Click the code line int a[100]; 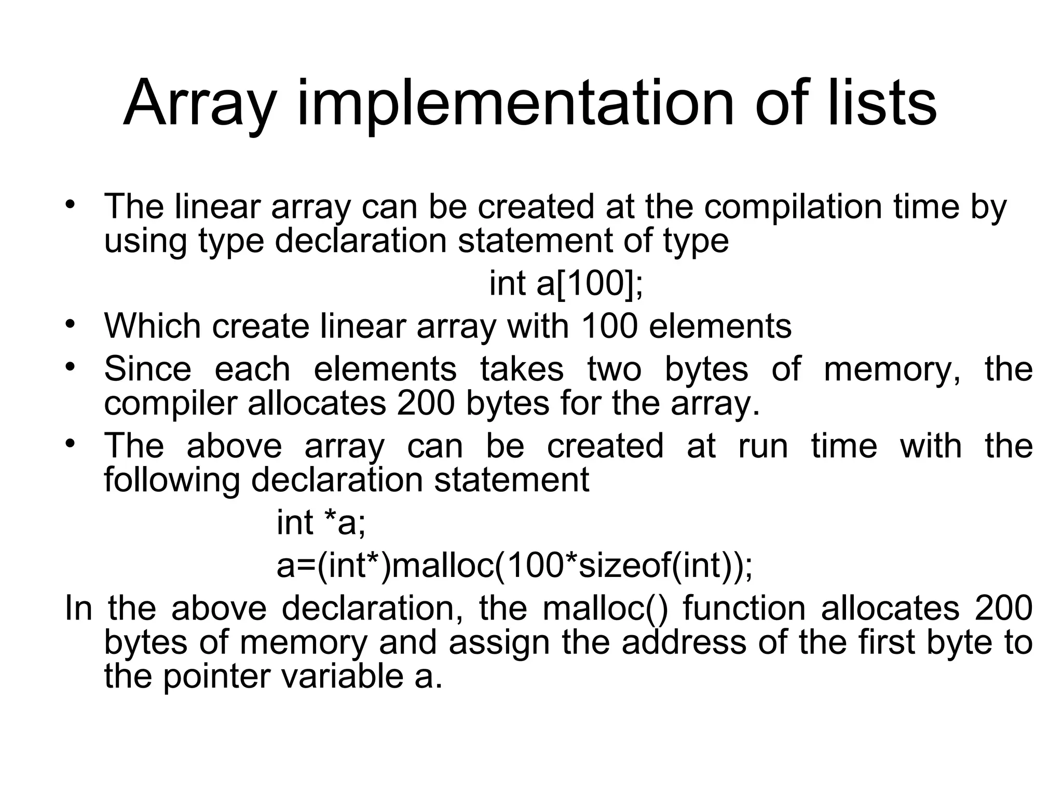coord(566,284)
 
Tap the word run coord(762,446)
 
